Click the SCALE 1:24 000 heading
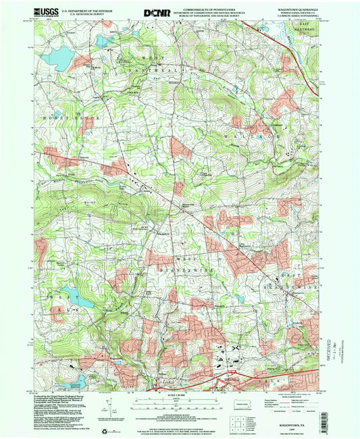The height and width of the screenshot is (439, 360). (179, 395)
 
